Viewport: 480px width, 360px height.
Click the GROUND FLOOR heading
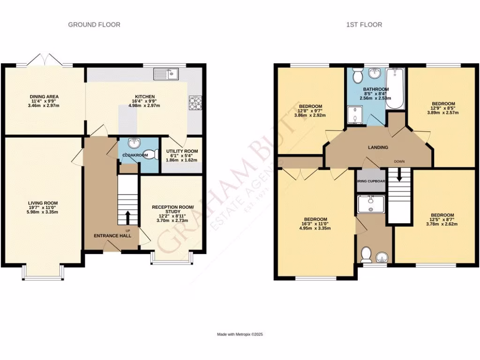click(x=94, y=24)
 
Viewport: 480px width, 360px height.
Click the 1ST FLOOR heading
click(x=364, y=24)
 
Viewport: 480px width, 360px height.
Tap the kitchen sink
click(x=166, y=73)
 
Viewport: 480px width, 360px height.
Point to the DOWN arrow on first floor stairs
click(x=399, y=174)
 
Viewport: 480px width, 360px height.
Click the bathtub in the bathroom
click(x=396, y=89)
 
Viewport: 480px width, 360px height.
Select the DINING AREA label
click(x=44, y=97)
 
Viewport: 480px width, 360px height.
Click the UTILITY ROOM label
click(x=182, y=151)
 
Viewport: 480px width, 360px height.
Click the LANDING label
click(x=378, y=147)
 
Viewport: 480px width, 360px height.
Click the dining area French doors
click(x=45, y=61)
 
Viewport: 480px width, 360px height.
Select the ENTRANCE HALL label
click(x=112, y=235)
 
